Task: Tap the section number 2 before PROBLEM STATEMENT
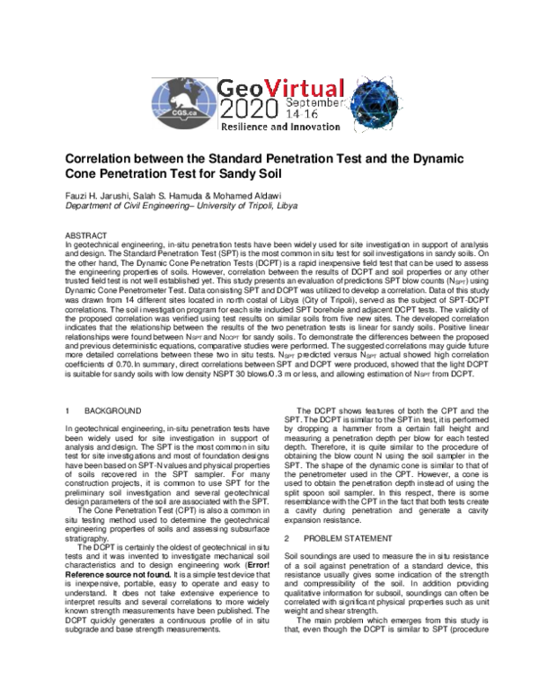287,537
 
